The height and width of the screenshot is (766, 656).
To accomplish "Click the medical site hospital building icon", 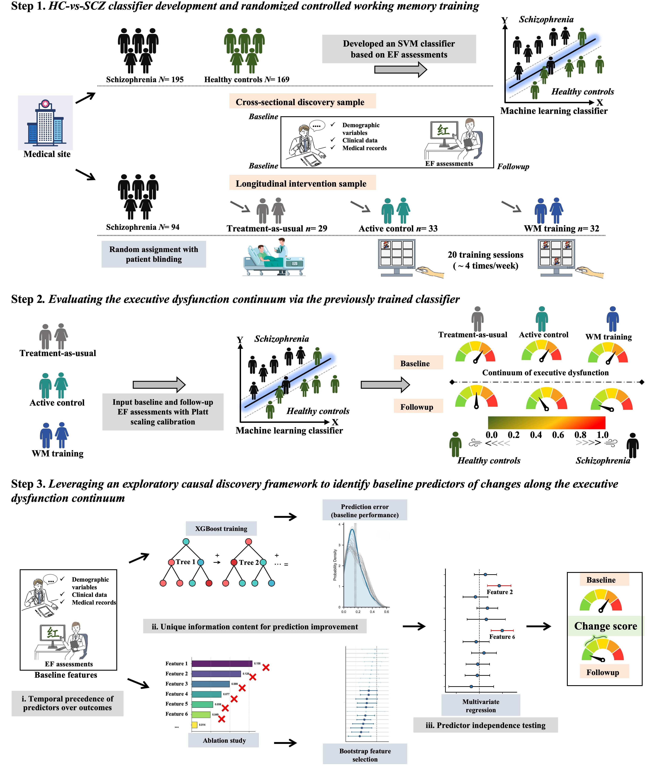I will click(x=45, y=122).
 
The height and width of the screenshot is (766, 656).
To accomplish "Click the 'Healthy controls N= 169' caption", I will click(x=246, y=79).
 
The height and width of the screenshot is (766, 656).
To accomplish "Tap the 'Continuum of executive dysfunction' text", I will click(x=545, y=373).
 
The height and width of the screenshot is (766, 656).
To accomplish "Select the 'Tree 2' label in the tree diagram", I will click(x=249, y=562).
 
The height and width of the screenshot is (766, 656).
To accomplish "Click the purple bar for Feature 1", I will click(x=221, y=664).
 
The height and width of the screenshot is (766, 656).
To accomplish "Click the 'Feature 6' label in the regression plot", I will click(x=502, y=637).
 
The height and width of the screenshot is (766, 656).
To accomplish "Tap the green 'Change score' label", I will click(x=605, y=626).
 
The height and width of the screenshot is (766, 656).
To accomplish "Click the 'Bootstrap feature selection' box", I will click(x=365, y=755).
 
